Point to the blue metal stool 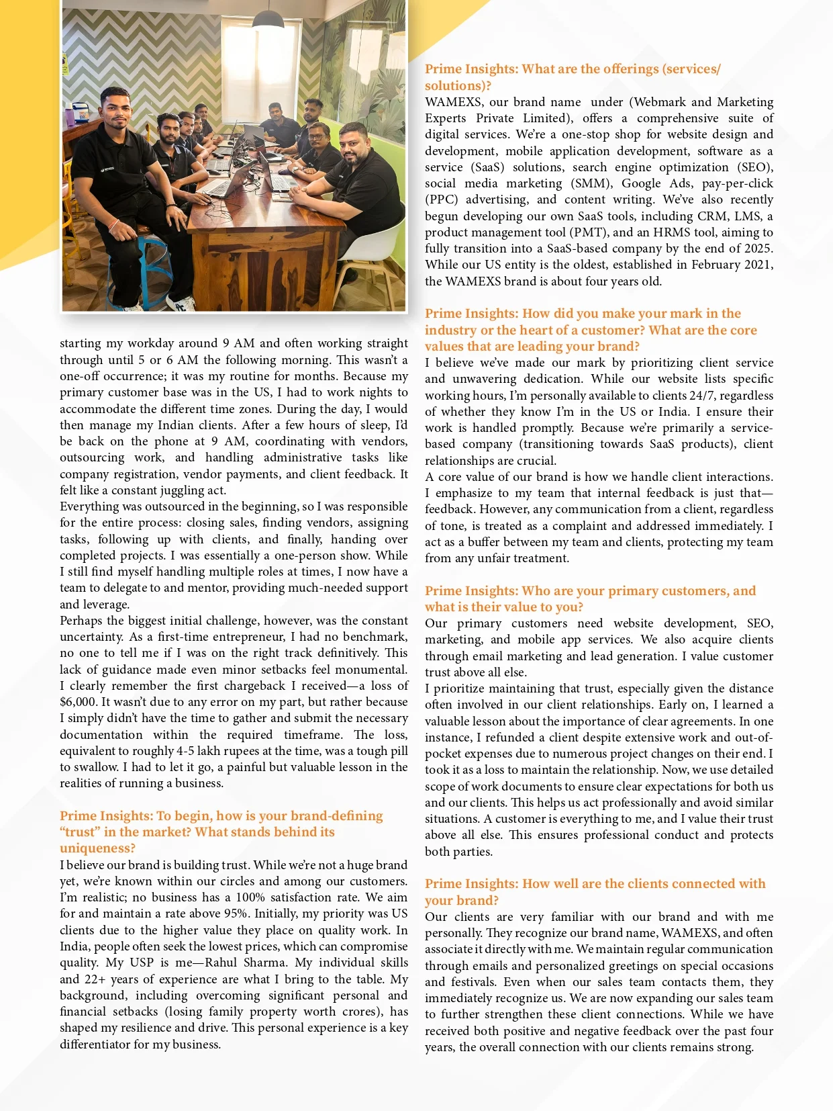click(134, 269)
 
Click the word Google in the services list click(642, 183)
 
